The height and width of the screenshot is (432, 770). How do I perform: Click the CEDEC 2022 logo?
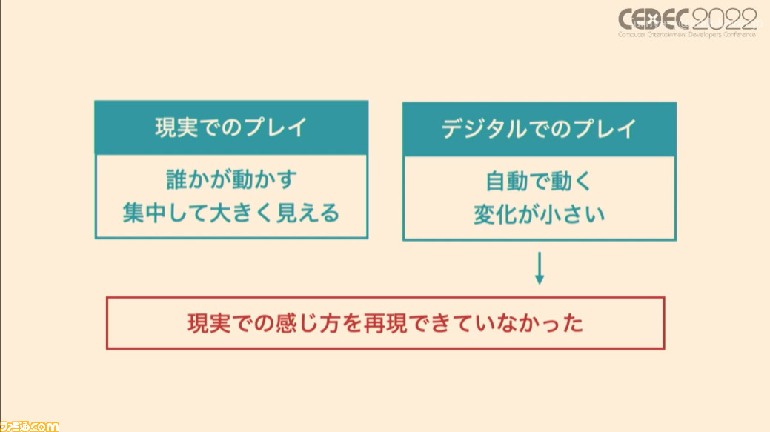coord(688,22)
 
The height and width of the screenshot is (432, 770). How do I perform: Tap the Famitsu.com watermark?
coord(30,426)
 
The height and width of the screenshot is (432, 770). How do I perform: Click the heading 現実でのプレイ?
coord(231,127)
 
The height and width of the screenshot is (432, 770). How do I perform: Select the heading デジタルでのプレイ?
coord(539,129)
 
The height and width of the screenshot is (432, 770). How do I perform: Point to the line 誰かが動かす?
coord(232,179)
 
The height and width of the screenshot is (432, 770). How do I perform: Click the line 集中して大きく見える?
coord(231,213)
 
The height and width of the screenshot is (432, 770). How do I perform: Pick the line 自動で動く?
coord(539,181)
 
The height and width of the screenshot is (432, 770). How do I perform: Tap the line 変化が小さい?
coord(540,215)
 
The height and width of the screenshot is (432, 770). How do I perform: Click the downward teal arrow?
coord(540,268)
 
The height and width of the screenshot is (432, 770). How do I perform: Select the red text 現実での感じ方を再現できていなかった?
coord(385,324)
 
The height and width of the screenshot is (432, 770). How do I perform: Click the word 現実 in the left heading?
coord(177,127)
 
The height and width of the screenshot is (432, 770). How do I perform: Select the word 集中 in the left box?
coord(145,213)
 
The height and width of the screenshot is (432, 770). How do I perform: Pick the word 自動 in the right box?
coord(507,181)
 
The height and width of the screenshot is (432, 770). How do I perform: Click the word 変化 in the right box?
coord(495,215)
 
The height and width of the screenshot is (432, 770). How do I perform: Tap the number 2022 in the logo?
coord(725,19)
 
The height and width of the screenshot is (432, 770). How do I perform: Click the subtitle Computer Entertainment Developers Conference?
coord(687,35)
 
